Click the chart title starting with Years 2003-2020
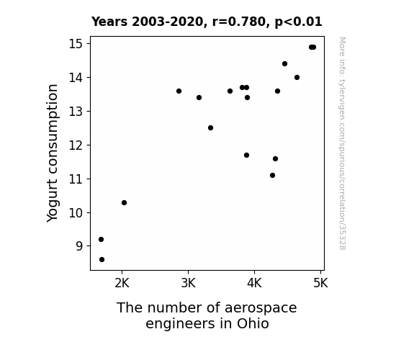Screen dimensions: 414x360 [x=207, y=22]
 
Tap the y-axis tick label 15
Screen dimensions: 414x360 [x=76, y=44]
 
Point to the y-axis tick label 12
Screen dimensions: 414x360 [x=76, y=145]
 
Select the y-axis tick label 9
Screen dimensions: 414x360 [x=79, y=246]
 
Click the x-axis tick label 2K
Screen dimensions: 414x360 [x=122, y=284]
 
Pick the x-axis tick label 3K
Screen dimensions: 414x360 [x=188, y=284]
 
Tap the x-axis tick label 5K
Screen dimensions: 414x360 [x=320, y=284]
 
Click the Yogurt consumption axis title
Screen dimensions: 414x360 [x=52, y=153]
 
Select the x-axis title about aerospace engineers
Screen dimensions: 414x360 [x=207, y=315]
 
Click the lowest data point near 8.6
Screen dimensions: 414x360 [x=102, y=260]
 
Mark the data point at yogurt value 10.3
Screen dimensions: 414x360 [x=124, y=202]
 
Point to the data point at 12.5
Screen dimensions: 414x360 [x=210, y=128]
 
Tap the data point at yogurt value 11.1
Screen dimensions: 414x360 [x=272, y=176]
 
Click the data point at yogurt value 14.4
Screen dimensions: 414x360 [x=284, y=63]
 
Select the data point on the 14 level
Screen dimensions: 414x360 [x=297, y=77]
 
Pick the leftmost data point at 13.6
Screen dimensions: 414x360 [x=179, y=91]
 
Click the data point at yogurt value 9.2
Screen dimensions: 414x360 [x=101, y=239]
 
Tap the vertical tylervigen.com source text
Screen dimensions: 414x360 [x=343, y=143]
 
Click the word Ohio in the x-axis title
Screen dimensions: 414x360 [x=253, y=323]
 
